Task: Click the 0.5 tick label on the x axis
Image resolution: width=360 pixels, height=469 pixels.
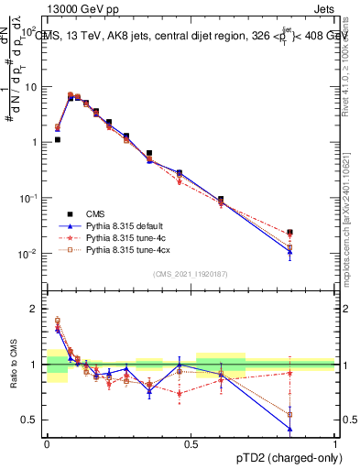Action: [191, 442]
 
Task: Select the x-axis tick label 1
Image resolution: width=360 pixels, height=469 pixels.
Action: [334, 442]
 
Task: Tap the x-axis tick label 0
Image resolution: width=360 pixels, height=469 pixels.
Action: [47, 442]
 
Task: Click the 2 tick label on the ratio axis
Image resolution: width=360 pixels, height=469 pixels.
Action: [32, 309]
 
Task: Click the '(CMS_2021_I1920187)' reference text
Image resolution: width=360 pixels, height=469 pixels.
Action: [191, 273]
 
